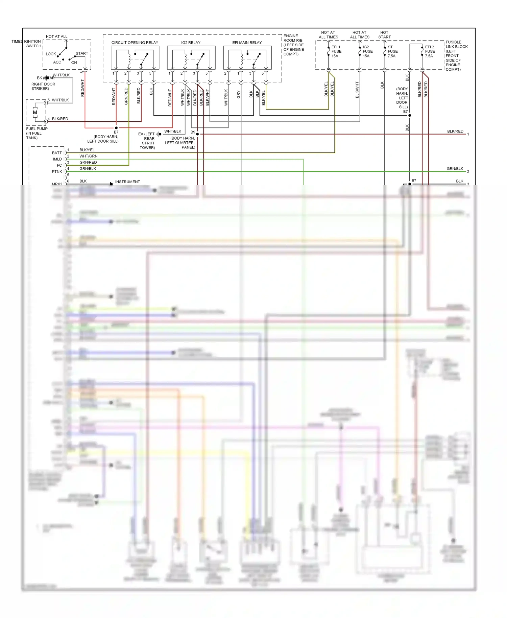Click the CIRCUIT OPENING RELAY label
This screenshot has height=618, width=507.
click(135, 43)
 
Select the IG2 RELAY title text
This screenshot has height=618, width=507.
click(191, 43)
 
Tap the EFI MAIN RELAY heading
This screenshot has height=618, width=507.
click(247, 43)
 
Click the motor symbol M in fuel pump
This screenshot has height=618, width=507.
click(35, 113)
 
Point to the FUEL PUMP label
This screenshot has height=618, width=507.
click(37, 129)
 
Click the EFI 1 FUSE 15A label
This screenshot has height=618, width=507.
click(336, 51)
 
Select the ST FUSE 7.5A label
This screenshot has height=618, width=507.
click(392, 51)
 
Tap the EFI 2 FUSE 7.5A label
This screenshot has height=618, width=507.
click(430, 51)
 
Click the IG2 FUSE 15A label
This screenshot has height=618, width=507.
click(367, 51)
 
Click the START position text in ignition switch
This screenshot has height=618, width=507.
click(82, 53)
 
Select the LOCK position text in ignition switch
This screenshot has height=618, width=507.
click(51, 54)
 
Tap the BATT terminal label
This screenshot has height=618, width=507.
click(57, 153)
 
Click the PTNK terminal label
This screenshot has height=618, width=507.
click(57, 172)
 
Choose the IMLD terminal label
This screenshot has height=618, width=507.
click(57, 159)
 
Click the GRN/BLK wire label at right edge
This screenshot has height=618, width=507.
click(455, 168)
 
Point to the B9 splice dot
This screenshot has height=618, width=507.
click(197, 134)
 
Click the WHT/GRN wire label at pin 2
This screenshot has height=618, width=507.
click(88, 156)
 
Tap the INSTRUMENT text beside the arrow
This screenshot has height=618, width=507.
click(127, 182)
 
